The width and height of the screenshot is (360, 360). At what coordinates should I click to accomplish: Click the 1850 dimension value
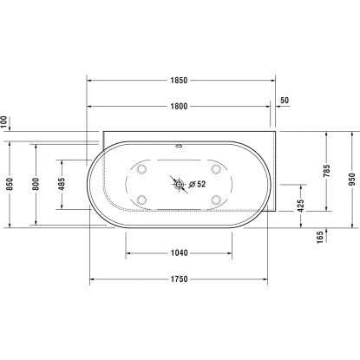click(x=179, y=81)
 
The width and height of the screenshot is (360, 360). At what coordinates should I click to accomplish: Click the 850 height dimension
click(x=9, y=184)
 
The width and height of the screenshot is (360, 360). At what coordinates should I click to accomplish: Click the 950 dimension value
click(x=352, y=179)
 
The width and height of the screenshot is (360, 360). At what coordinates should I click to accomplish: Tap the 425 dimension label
click(x=300, y=206)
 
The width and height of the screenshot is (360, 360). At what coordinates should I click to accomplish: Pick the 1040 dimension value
click(x=179, y=253)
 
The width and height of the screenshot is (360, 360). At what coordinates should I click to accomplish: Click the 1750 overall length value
click(x=179, y=279)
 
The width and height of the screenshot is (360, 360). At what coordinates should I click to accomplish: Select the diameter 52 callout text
click(x=199, y=184)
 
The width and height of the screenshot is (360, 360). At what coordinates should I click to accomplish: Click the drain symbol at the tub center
click(x=179, y=184)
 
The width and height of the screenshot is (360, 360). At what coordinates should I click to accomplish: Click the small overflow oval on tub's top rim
click(x=179, y=145)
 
